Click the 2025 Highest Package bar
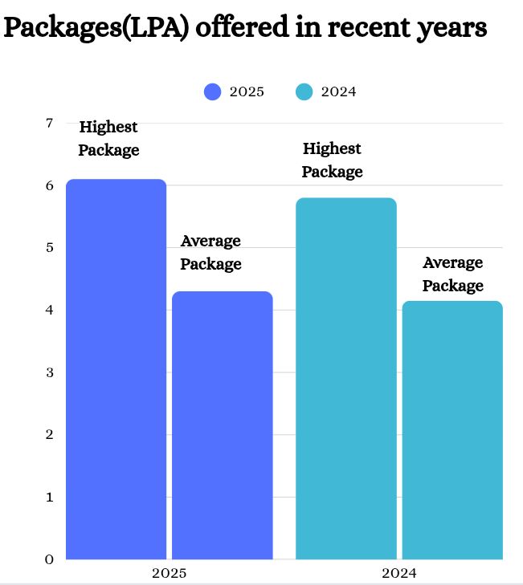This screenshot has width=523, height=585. coord(116,369)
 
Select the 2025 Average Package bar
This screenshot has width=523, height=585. coord(223,425)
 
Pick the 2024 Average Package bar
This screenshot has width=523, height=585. coord(452,430)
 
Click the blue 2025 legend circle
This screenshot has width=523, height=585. coord(213,92)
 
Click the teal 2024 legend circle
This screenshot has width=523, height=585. coord(304,92)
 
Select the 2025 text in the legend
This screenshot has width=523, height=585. coord(247,92)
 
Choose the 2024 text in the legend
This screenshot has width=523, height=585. coord(338,92)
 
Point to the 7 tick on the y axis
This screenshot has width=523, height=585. coord(49,124)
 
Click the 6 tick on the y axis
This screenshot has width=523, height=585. coord(49,185)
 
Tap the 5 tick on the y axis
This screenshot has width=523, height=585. coord(49,248)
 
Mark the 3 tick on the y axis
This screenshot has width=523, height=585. coord(49,372)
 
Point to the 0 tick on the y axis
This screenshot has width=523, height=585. coord(49,559)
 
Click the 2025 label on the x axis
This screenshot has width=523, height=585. coord(169,574)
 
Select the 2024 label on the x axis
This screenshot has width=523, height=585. coord(399,574)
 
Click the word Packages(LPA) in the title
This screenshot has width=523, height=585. coord(96,28)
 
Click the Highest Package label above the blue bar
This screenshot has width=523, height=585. coord(108,139)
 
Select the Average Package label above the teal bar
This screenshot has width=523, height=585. coord(453,274)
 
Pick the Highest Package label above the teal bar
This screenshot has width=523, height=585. coord(332,160)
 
